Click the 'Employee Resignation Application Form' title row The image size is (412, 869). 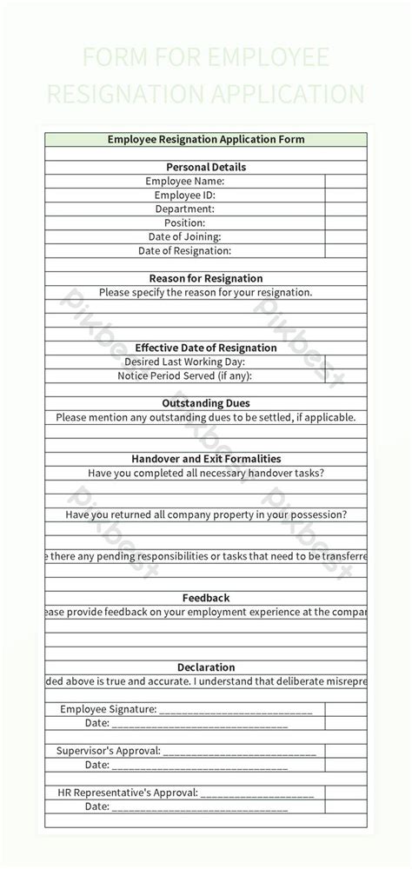point(206,139)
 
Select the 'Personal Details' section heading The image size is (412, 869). point(206,167)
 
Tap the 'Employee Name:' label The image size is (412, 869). point(185,181)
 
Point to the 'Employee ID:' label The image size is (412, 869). point(184,195)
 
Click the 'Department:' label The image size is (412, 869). point(185,209)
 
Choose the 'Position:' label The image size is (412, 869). point(184,222)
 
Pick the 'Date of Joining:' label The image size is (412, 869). point(184,236)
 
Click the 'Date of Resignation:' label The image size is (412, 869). point(184,250)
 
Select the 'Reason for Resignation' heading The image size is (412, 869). point(206,278)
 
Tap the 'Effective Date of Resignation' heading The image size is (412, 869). point(206,348)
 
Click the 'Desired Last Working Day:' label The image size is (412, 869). point(184,362)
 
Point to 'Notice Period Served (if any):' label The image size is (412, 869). point(184,375)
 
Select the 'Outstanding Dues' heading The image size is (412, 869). point(206,403)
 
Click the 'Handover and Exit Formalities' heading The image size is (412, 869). point(206,459)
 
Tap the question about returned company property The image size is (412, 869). point(206,514)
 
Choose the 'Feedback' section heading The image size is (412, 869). point(206,598)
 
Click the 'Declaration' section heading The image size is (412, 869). point(206,667)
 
